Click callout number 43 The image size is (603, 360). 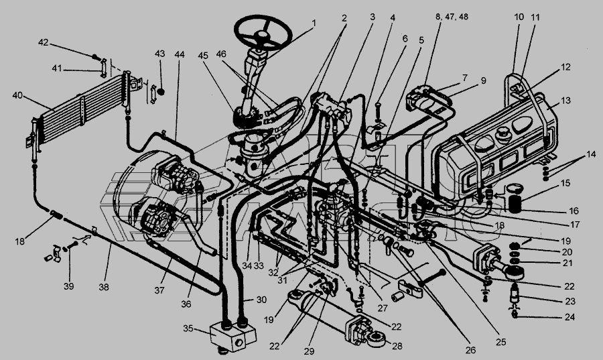click(159, 53)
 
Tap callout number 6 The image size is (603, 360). click(405, 40)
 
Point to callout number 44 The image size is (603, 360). click(179, 54)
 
